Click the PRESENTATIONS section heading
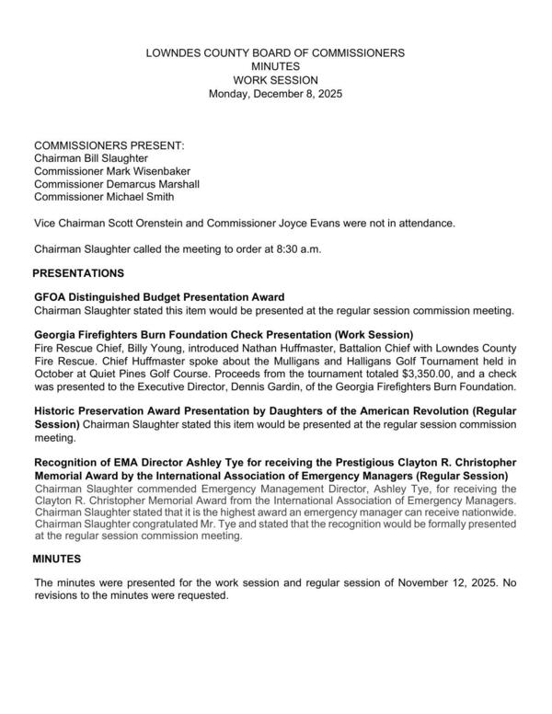tap(78, 273)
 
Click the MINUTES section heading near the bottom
tap(57, 559)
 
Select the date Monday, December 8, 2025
tap(275, 94)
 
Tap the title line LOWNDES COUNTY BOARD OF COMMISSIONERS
tap(275, 54)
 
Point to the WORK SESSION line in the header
tap(275, 81)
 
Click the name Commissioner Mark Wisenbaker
tap(107, 171)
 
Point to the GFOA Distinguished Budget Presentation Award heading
tap(159, 297)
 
